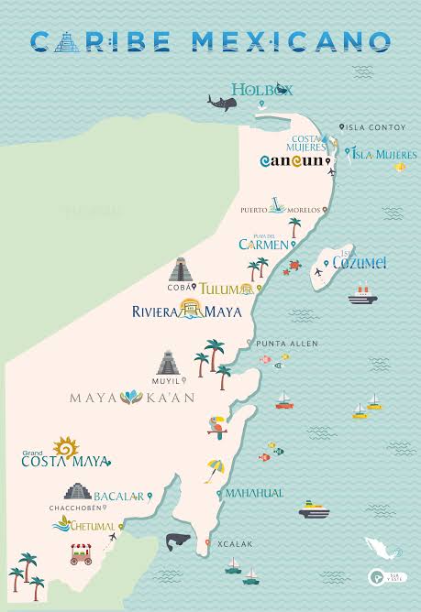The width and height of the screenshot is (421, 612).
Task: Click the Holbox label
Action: tap(261, 89)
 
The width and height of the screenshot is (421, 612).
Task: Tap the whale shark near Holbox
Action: tap(220, 100)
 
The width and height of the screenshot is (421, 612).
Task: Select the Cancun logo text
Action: tap(293, 160)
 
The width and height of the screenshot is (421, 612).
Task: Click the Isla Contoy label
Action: tap(374, 127)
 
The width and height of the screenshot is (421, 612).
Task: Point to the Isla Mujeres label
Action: tap(384, 154)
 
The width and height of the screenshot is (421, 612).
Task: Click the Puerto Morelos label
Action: tap(268, 210)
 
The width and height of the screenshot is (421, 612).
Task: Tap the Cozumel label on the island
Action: tap(360, 263)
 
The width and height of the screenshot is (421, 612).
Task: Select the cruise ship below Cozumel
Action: tap(359, 294)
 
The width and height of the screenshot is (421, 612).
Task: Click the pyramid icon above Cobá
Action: tap(181, 269)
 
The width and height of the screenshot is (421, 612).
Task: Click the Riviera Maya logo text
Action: tap(186, 311)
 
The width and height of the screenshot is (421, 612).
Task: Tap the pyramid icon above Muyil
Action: tap(167, 363)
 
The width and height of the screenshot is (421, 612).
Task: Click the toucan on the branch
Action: tap(217, 425)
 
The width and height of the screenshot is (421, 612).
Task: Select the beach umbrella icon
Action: tap(215, 469)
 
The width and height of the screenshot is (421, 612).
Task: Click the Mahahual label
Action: tap(254, 493)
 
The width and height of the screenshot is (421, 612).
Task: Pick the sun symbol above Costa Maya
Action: tap(66, 447)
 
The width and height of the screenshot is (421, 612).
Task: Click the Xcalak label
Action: tap(236, 543)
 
